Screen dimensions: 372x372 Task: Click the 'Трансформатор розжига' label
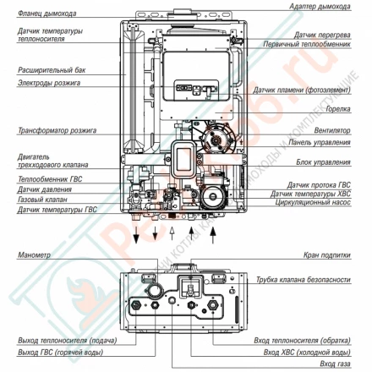point(51,131)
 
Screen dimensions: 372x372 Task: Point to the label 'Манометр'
point(34,254)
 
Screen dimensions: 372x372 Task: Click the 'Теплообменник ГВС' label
point(46,181)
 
